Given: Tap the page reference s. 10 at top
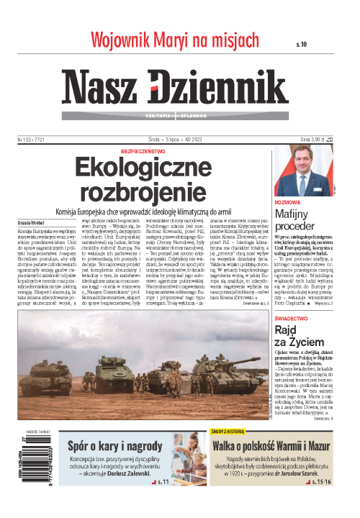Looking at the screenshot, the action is pos(301,44).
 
